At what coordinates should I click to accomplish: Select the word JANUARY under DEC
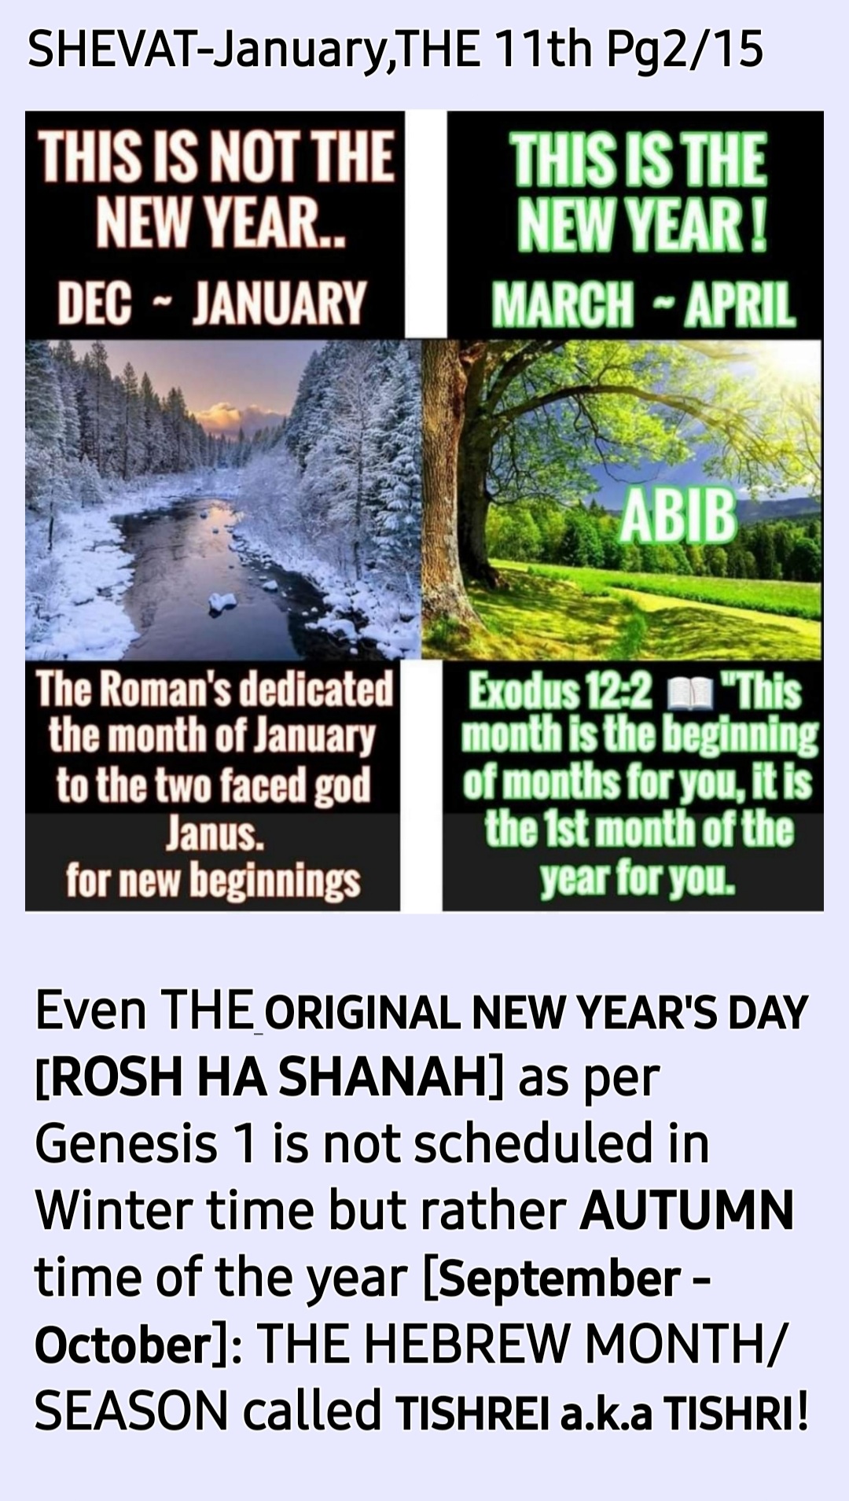point(279,303)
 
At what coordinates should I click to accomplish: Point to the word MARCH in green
point(562,304)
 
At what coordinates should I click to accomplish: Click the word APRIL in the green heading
point(739,304)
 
